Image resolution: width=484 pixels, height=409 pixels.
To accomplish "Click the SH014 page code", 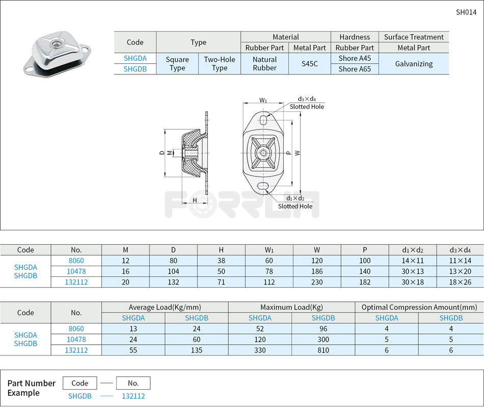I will [x=466, y=13].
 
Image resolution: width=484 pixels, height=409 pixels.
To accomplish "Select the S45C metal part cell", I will [x=310, y=64].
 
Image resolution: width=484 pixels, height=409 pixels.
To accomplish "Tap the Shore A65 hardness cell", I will [x=355, y=69].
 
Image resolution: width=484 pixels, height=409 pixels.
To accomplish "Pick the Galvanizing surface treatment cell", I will [x=414, y=64].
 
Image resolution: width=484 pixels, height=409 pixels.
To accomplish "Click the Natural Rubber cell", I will [x=264, y=64].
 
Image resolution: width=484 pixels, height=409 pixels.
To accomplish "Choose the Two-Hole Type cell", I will [x=220, y=64].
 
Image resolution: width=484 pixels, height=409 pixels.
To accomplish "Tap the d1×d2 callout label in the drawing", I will [x=295, y=198].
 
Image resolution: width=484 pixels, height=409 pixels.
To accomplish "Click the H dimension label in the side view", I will [x=195, y=200].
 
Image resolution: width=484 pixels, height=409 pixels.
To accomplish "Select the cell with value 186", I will [x=317, y=271].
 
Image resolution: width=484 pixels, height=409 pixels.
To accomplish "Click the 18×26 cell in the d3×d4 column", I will [x=460, y=282].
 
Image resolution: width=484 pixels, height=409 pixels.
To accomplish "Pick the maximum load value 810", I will [x=323, y=350].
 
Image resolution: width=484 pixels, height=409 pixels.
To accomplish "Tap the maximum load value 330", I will [x=260, y=350].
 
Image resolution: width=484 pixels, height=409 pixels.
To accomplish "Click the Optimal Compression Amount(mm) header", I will [x=419, y=307].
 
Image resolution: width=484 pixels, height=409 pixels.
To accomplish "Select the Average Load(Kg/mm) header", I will [x=165, y=307].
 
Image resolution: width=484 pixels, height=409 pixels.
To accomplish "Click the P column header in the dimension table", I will [x=365, y=250].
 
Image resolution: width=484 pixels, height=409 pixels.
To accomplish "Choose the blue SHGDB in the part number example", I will [x=80, y=396].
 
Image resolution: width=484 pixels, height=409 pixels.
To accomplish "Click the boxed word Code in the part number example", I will [x=80, y=383].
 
